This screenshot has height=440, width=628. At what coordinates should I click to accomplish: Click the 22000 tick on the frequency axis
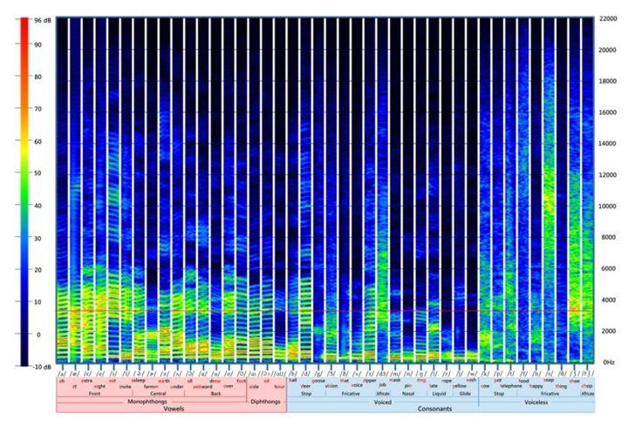coord(610,19)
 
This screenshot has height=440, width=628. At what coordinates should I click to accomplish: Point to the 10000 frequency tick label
coord(610,206)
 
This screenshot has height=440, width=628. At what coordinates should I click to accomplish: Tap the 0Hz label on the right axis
coord(608,361)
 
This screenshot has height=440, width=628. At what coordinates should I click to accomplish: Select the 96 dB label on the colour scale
coord(40,17)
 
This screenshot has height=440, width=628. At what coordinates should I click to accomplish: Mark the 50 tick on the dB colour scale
coord(38,173)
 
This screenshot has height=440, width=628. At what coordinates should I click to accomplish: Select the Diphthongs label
coord(266,401)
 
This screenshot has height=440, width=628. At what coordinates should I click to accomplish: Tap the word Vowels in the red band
coord(171,409)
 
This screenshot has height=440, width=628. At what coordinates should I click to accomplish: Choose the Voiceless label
coord(536,401)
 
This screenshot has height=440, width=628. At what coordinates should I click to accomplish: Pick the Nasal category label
coord(408,393)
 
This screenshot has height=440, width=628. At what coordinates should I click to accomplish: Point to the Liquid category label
coord(439,393)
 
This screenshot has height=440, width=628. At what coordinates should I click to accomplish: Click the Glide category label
coord(465,393)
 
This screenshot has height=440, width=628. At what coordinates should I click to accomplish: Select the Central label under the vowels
coord(158,393)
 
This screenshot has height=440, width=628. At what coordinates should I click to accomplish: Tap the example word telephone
coord(510,385)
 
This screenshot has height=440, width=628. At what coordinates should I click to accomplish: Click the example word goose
coord(318,380)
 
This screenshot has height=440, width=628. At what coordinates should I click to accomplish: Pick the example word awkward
coord(202,385)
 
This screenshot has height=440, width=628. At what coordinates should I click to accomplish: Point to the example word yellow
coord(460,385)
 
